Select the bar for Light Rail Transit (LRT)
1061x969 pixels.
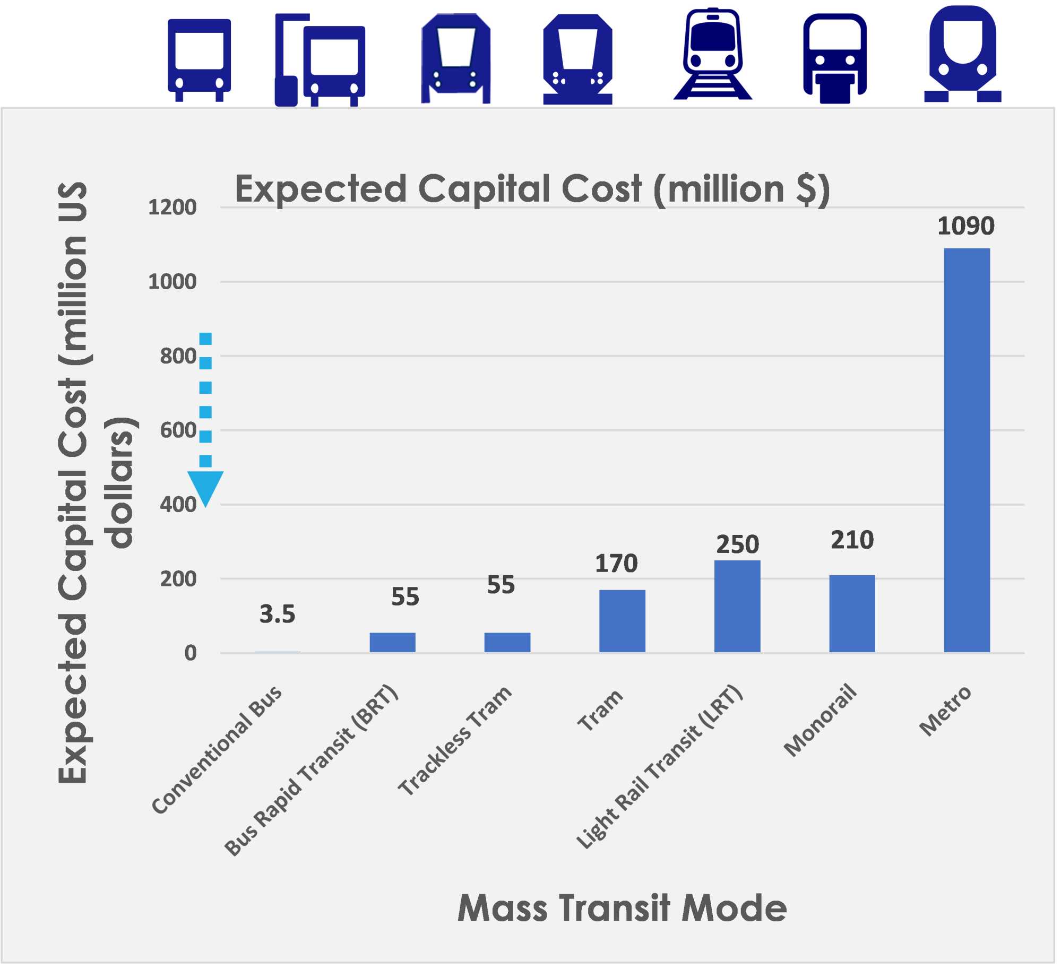[737, 606]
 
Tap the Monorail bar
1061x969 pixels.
[852, 613]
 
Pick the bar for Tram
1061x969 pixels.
[622, 621]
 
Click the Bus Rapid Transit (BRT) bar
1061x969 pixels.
[392, 642]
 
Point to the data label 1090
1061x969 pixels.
[966, 226]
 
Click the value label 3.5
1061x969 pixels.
[277, 615]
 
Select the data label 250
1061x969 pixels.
[737, 544]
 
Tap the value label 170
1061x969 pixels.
[616, 564]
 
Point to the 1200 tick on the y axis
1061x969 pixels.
[172, 207]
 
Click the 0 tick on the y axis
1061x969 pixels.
[190, 653]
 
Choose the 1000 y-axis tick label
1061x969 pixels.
[172, 282]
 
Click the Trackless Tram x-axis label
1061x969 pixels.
[455, 741]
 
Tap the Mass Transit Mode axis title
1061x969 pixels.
[622, 908]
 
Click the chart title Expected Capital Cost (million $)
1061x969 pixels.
[532, 189]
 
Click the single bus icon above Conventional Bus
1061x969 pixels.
[199, 59]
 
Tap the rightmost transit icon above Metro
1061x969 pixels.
[962, 54]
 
